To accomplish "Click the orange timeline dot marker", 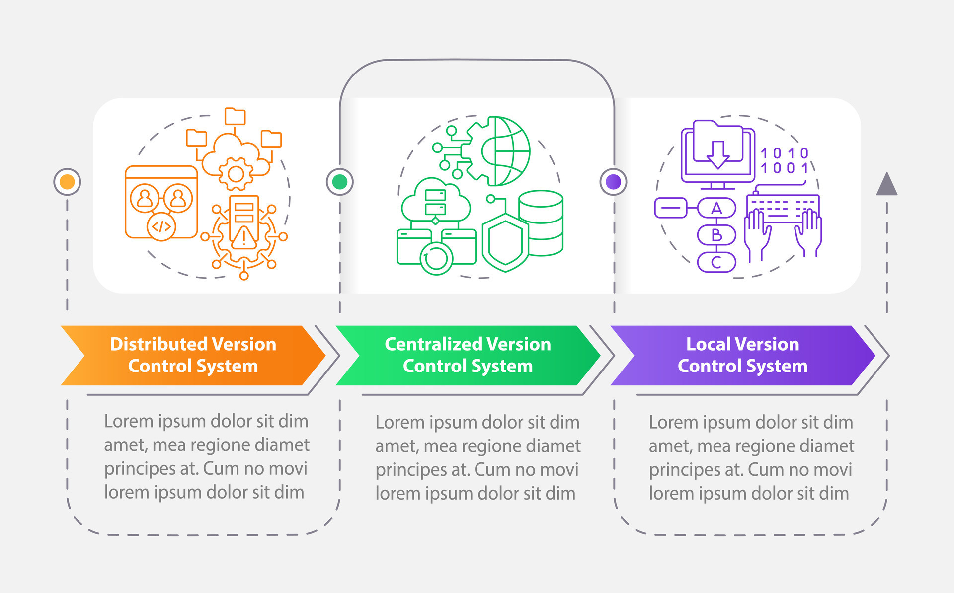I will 67,182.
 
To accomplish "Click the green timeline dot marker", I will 340,182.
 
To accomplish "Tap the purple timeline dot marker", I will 614,182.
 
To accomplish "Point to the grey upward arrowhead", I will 887,184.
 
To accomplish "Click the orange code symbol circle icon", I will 161,227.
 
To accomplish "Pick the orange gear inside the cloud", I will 236,174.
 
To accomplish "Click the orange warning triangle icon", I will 243,238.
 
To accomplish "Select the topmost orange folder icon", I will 235,116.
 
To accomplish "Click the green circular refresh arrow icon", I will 436,258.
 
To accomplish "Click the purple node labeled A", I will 716,208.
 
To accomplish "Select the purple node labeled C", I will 716,262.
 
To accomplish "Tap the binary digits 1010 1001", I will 785,160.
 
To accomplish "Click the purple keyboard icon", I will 783,209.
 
